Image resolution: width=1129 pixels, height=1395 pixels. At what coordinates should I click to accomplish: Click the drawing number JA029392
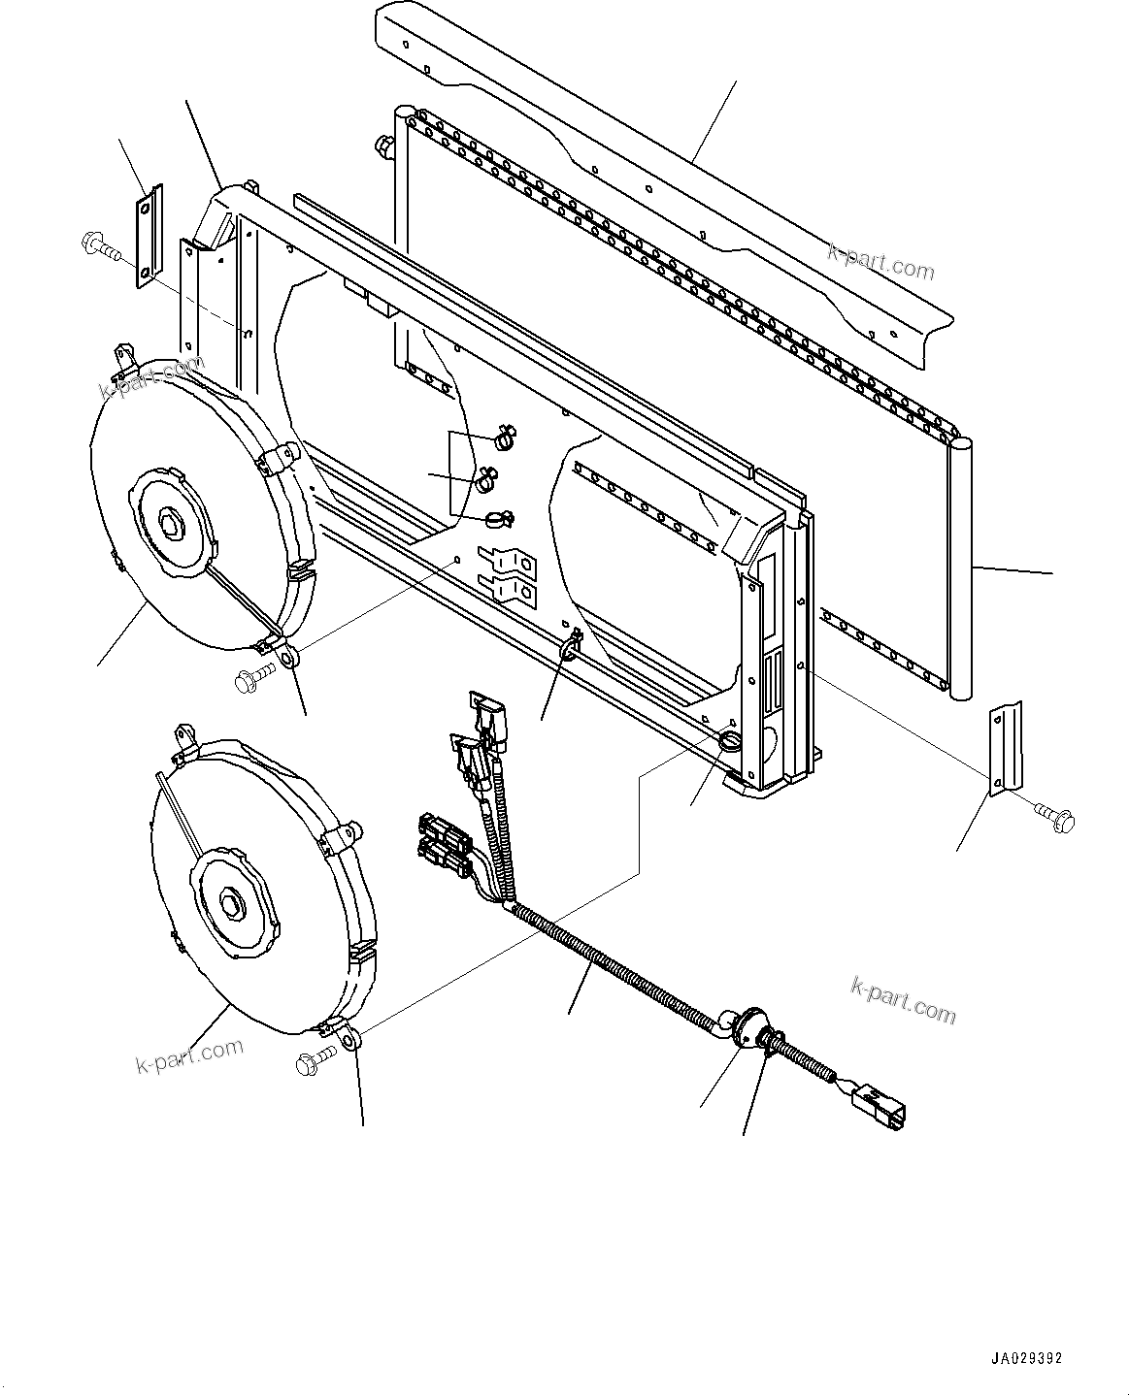click(1033, 1359)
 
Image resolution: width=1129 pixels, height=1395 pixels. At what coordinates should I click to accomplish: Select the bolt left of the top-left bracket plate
click(99, 245)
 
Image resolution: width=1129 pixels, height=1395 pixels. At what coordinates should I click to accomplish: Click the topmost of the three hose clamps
click(505, 438)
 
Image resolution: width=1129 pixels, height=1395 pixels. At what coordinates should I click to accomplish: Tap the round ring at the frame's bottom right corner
click(731, 743)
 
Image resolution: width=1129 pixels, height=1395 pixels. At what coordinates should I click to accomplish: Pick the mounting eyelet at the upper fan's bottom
click(288, 659)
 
